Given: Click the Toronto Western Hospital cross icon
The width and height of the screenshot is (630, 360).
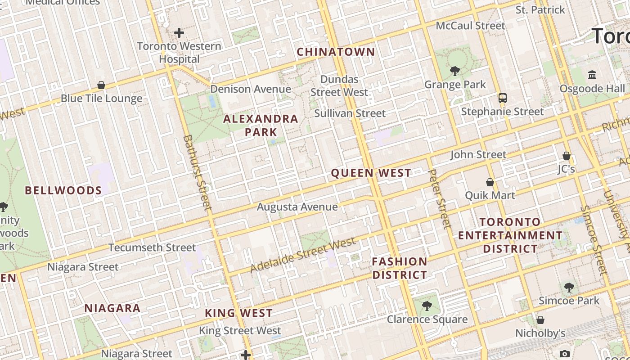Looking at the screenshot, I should (179, 33).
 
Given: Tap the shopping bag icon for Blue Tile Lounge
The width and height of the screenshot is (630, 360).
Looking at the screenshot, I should (101, 85).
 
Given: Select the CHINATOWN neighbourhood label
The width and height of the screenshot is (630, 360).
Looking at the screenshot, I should (336, 52).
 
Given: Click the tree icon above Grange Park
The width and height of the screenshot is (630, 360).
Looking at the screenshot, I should (455, 71).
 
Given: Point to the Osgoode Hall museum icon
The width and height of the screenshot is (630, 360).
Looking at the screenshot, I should (592, 75).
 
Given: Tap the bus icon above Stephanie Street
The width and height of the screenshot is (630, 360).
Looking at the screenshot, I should (502, 98).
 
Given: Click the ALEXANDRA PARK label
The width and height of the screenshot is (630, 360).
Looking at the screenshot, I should (261, 126).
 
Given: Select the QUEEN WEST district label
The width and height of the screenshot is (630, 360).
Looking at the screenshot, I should (371, 173).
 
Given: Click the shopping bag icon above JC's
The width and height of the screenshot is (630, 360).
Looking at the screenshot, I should (567, 156).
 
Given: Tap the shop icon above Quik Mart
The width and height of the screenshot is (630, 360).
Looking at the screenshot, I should (490, 182).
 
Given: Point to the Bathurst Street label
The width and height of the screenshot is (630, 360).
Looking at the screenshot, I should (197, 173).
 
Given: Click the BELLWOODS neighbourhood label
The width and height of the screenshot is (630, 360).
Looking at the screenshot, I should (63, 190).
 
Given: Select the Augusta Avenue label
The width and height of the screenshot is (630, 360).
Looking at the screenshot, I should (297, 207).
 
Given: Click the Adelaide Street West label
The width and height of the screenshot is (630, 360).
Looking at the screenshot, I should (302, 255).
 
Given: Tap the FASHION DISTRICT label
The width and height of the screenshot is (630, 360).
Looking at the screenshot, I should (400, 268).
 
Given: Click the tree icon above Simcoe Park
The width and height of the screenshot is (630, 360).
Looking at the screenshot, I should (569, 287).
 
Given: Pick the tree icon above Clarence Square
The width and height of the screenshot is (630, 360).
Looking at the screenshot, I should (427, 306).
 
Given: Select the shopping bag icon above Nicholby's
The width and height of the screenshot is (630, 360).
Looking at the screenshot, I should (540, 320).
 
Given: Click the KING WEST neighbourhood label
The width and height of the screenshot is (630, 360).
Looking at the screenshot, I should (239, 313).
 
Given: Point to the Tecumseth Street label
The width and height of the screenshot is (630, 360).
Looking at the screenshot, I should (152, 247).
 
